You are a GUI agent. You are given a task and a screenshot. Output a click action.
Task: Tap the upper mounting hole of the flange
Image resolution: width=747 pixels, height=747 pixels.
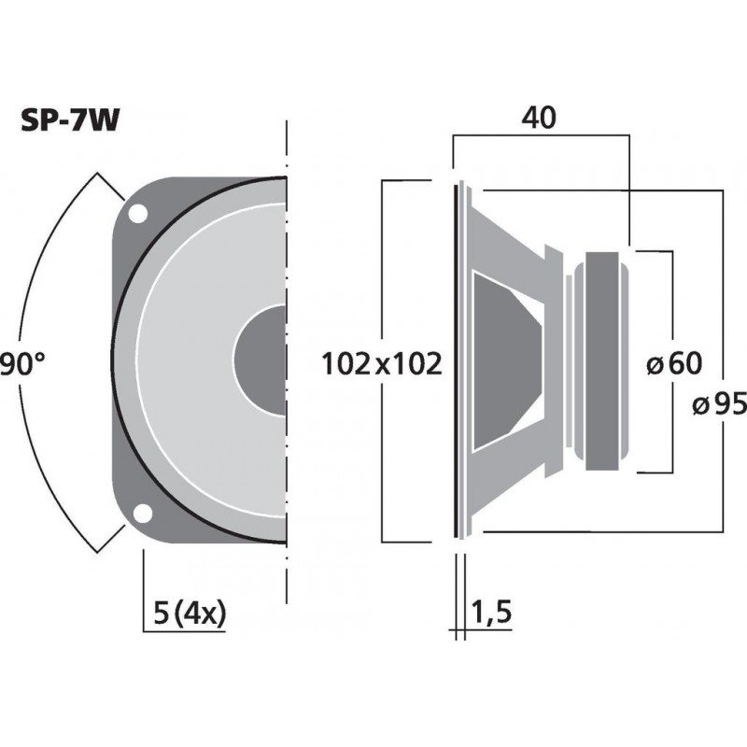click(x=137, y=213)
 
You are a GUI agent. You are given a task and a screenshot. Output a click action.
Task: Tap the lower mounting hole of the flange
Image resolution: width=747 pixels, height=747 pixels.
click(x=142, y=514)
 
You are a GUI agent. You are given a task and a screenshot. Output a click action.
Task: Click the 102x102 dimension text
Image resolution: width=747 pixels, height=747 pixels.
click(x=381, y=362)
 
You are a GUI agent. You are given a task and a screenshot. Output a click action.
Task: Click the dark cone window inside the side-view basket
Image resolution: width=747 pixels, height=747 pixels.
click(x=504, y=359)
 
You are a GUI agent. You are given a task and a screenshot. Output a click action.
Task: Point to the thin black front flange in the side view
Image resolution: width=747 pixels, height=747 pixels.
click(x=458, y=359)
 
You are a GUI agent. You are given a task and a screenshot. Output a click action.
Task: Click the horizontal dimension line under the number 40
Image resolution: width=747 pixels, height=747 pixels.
click(x=540, y=136)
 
